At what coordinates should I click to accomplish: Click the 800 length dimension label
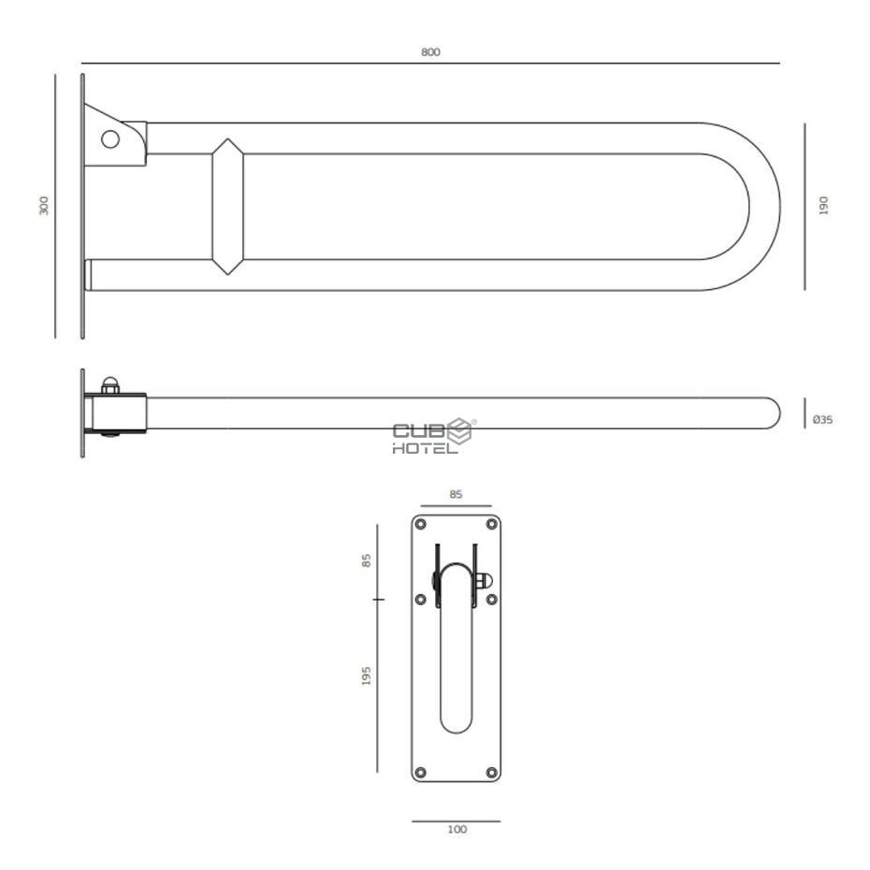point(429,52)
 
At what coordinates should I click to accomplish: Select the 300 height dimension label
point(44,206)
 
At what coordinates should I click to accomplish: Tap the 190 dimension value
point(823,206)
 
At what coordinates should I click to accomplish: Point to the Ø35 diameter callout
point(822,420)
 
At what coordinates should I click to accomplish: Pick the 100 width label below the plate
point(457,830)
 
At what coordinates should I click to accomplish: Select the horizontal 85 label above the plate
point(456,495)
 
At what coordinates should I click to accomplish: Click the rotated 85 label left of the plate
point(367,560)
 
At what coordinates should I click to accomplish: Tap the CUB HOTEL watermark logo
point(433,437)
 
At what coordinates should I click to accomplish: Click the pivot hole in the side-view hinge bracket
point(110,139)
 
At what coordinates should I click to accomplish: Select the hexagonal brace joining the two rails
point(227,207)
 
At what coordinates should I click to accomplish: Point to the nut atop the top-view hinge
point(110,384)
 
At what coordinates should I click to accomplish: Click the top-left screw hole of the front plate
point(421,524)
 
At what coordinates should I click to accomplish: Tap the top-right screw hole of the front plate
point(491,524)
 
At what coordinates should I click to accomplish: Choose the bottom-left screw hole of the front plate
point(421,772)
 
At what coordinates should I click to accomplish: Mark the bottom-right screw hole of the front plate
point(491,772)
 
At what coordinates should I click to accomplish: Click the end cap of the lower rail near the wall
point(88,275)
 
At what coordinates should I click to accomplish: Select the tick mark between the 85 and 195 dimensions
point(378,598)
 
